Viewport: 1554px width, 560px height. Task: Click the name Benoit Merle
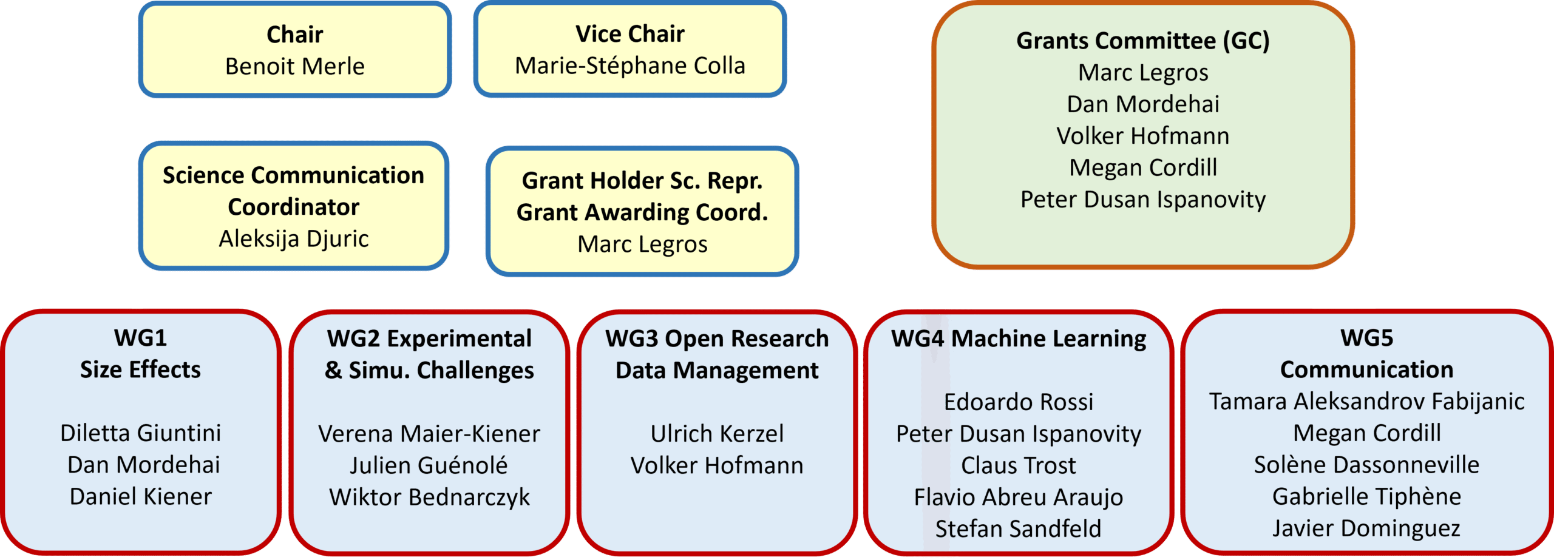(294, 66)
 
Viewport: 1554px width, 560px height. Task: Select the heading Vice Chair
(630, 34)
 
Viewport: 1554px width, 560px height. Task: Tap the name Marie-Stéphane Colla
(630, 66)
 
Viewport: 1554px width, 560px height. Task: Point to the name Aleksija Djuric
(294, 238)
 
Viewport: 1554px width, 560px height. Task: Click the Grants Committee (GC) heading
(1143, 41)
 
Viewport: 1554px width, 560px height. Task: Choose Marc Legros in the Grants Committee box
(1143, 72)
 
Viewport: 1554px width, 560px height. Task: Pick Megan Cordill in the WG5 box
(1366, 433)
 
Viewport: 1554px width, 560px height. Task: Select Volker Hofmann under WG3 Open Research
(717, 465)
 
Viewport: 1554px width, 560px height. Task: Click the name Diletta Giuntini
(141, 433)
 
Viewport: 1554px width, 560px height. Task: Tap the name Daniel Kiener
(141, 496)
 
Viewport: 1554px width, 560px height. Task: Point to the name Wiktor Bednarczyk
(429, 497)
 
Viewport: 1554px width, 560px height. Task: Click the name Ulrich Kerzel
(717, 433)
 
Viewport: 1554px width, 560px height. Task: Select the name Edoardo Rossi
(1019, 402)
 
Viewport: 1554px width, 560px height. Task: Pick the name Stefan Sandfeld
(1019, 528)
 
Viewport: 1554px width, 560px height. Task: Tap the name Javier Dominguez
(1366, 528)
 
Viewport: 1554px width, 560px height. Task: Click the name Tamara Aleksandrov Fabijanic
(1366, 401)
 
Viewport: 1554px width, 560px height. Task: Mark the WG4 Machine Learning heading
(1019, 339)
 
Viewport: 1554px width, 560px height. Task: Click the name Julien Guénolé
(429, 465)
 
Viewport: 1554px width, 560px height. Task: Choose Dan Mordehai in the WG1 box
(144, 465)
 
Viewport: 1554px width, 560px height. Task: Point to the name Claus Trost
(1019, 465)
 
